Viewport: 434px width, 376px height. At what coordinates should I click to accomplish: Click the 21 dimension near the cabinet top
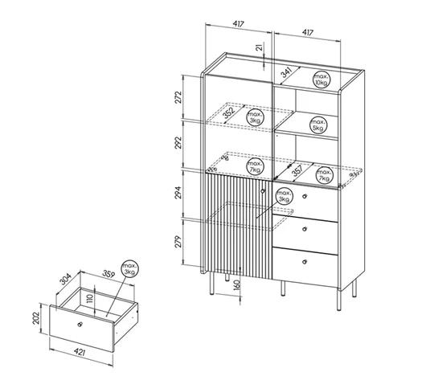point(260,47)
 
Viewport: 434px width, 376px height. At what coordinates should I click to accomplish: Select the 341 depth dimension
point(287,73)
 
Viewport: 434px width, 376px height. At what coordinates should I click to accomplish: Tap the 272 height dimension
point(178,97)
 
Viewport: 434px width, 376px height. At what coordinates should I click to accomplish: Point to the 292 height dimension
point(178,142)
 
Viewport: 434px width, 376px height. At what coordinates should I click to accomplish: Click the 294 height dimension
point(178,193)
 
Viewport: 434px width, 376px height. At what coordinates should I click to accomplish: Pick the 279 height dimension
point(178,242)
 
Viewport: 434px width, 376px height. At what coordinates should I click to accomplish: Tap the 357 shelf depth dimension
point(298,170)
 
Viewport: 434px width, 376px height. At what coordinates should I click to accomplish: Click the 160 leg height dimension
point(237,284)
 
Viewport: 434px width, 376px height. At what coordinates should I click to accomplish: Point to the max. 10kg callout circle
point(321,80)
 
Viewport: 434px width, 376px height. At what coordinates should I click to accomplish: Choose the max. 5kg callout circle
point(318,125)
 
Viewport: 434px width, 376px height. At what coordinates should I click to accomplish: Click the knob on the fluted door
point(263,190)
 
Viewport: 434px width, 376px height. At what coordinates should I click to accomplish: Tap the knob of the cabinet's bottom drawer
point(305,262)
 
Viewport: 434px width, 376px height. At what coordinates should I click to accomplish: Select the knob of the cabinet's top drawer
point(305,196)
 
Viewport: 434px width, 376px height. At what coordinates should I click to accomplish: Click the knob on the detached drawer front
point(80,325)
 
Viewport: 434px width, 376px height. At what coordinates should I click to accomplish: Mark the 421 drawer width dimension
point(80,352)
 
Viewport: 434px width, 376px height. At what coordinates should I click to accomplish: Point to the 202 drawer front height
point(35,318)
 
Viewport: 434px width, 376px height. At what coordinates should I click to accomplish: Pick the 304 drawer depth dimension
point(66,279)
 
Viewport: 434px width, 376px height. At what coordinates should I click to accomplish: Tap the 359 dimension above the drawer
point(108,274)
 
